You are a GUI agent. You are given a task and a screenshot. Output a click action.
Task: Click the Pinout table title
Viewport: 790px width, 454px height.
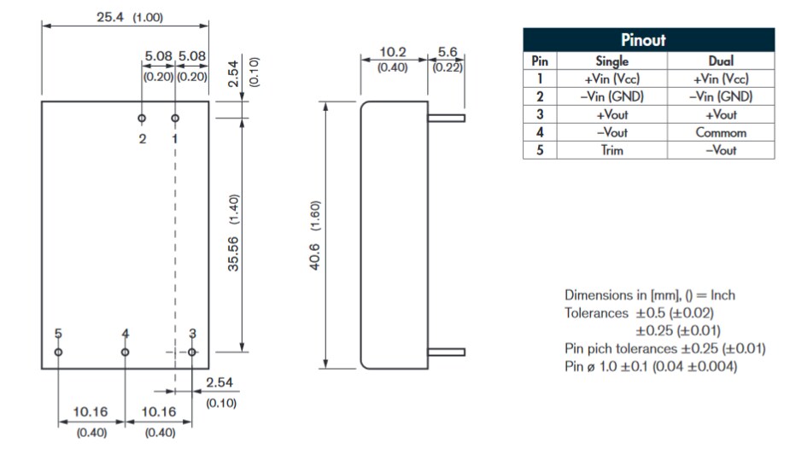coord(648,40)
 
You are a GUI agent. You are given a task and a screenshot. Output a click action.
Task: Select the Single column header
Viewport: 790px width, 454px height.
coord(612,61)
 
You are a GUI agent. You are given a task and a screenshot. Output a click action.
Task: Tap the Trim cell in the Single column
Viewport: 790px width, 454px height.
coord(612,150)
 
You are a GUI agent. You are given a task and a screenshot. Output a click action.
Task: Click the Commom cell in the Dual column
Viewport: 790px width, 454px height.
coord(721,132)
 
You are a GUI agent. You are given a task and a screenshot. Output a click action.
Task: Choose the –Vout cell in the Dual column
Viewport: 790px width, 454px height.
coord(721,150)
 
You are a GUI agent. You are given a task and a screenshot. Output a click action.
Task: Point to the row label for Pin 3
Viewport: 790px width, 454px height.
coord(539,114)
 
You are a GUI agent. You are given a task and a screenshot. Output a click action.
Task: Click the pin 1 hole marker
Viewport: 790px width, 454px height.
coord(175,118)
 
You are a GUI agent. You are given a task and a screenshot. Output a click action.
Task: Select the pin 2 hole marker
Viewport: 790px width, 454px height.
coord(142,118)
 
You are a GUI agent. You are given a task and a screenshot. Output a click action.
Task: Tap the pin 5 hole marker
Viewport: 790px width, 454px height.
coord(58,352)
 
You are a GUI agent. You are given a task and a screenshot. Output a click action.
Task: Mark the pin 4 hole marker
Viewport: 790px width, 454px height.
coord(125,352)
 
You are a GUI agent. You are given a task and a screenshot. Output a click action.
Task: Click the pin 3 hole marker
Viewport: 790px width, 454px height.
coord(192,352)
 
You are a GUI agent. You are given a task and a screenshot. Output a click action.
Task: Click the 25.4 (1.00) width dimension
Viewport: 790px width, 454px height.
coord(128,17)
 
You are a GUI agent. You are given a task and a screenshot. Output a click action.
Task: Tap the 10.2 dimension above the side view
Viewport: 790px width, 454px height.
coord(393,53)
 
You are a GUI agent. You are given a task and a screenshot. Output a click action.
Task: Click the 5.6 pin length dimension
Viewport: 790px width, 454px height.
coord(448,53)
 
